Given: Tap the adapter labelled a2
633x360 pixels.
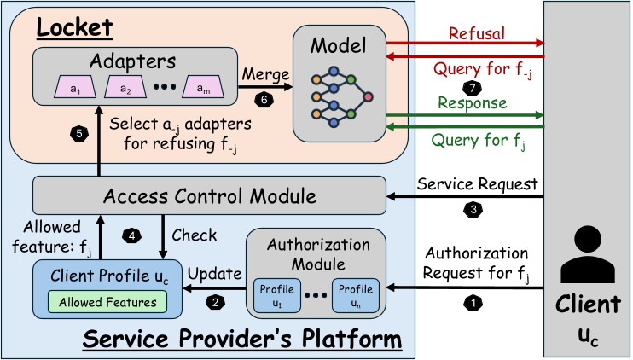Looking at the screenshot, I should coord(125,87).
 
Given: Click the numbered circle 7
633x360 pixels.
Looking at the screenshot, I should coord(467,88).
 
